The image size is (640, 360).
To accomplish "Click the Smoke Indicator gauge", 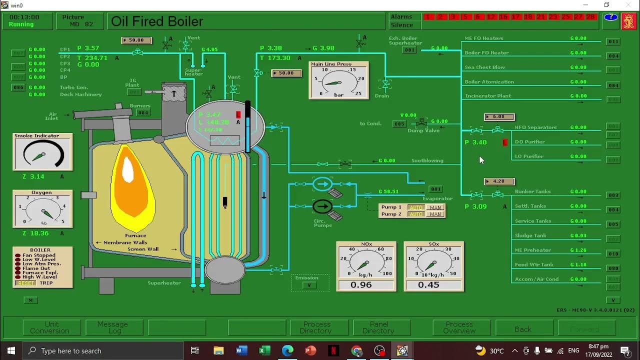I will [42, 154].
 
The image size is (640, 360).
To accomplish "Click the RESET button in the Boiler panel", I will [25, 283].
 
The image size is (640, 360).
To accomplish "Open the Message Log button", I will [114, 327].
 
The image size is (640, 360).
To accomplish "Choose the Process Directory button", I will [316, 327].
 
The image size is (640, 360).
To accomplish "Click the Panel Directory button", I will [378, 327].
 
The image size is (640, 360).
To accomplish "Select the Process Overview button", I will [459, 327].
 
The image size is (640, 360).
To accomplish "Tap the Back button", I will [523, 329].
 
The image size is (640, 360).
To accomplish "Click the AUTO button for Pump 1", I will [416, 207].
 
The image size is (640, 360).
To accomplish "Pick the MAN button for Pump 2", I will [435, 214].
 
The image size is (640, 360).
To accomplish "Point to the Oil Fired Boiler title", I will [157, 21].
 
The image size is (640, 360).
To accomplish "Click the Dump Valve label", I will [423, 130].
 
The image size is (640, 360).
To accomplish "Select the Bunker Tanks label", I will [532, 191].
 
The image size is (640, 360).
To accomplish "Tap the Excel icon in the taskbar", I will [264, 350].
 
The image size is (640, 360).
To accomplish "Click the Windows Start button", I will [11, 350].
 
